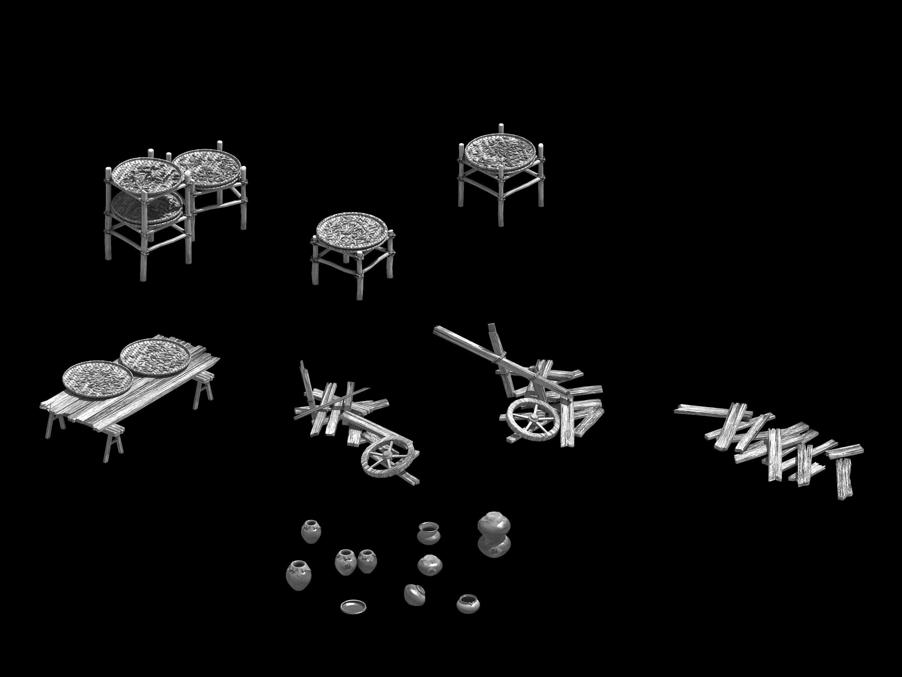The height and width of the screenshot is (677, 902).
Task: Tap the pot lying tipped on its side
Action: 415,594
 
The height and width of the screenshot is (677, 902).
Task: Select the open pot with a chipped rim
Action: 468,604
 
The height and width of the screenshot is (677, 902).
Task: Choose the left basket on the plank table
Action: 97,379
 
